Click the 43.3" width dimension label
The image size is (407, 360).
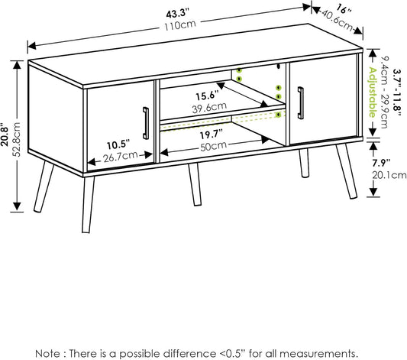[178, 13]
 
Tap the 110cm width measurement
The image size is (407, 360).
[180, 25]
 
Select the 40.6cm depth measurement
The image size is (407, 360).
[338, 21]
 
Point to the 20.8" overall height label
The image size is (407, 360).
[5, 137]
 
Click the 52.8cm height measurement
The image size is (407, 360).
[16, 139]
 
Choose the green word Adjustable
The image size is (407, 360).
[372, 92]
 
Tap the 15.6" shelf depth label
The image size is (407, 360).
[207, 96]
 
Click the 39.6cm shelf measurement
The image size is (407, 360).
[209, 108]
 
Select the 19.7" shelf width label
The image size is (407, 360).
[212, 134]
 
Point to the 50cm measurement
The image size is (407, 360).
[213, 146]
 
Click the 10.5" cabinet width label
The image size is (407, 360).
[118, 144]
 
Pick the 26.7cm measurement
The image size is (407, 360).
[121, 157]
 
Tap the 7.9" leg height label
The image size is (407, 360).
[381, 163]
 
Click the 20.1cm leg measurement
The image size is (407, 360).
[389, 175]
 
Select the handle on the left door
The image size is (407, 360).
[146, 123]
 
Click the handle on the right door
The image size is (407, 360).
[301, 103]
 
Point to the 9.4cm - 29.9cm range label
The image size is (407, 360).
[384, 92]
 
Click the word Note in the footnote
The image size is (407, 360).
[47, 354]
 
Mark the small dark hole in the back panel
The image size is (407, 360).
[278, 66]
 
